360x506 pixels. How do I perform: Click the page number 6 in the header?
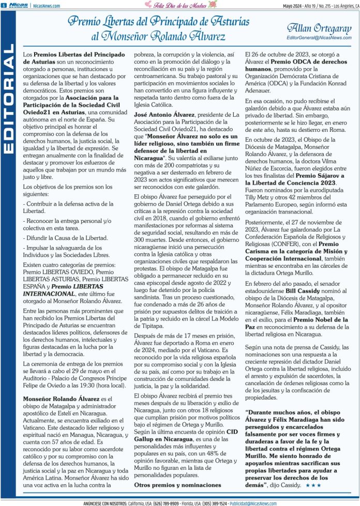click(4, 5)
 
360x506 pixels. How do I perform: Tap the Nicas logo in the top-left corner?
click(18, 5)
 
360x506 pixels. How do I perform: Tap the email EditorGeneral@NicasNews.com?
click(318, 38)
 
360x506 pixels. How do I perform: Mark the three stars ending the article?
click(316, 486)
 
